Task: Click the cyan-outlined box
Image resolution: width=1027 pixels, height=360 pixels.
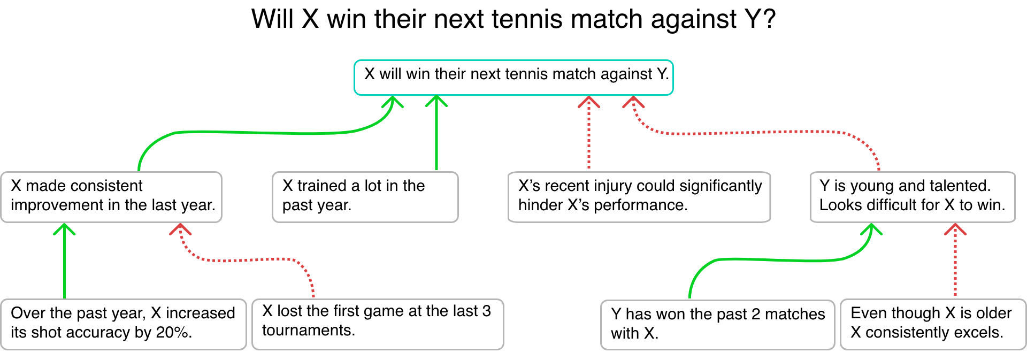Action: pos(513,78)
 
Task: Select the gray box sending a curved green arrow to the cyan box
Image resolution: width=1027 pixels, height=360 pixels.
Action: pos(111,197)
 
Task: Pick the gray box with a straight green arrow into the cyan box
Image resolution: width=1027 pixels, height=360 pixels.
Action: pos(365,197)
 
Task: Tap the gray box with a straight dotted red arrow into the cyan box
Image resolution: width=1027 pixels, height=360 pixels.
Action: pos(639,197)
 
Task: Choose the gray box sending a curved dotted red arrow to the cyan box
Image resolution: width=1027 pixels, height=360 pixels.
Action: pos(913,197)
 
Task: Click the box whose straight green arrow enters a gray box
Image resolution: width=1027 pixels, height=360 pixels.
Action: pos(124,324)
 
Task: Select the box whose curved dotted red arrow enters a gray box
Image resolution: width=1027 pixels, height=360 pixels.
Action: pos(378,324)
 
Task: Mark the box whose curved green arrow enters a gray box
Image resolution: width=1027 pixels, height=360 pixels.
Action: pos(717,325)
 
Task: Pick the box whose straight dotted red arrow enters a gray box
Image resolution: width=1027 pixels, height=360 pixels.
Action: pos(933,324)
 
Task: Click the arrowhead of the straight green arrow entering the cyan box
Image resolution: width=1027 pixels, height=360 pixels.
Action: pos(436,99)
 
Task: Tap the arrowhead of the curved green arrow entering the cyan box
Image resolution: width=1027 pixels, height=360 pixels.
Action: pos(394,100)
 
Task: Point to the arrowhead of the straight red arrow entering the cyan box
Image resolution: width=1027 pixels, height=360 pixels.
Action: pos(589,100)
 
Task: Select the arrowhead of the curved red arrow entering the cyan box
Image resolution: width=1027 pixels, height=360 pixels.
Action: pos(633,100)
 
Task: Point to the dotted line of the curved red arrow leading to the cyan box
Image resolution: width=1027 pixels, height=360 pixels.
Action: pos(749,132)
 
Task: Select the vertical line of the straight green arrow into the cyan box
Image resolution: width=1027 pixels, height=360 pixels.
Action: pos(436,139)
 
